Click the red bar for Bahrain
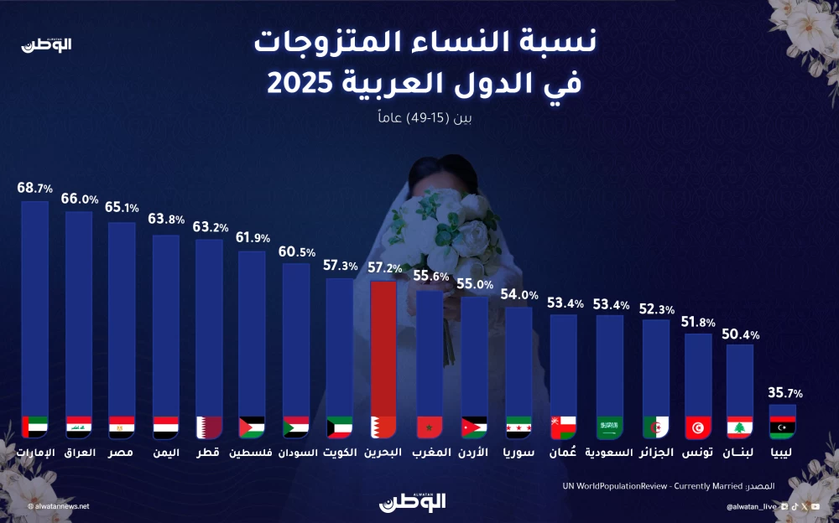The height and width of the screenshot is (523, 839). point(383,352)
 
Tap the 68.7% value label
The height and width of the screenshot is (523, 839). point(34,189)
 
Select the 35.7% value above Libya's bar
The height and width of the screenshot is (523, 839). point(786,392)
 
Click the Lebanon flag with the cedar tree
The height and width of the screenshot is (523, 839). point(739,427)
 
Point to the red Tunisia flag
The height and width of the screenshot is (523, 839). point(698,427)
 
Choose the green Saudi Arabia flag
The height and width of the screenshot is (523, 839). point(609,427)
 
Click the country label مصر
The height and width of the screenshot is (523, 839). point(122,453)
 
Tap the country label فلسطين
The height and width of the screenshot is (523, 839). point(251,453)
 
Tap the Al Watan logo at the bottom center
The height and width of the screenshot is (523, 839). point(412,501)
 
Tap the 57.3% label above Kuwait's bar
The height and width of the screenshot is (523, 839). point(340,266)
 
